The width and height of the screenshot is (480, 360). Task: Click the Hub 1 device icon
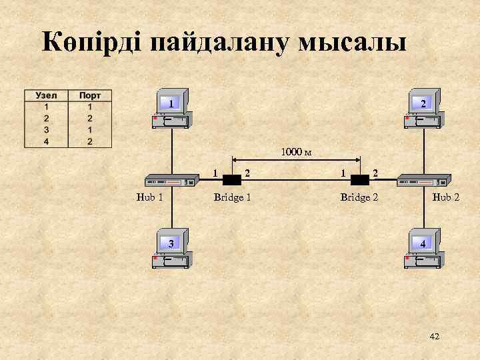171,181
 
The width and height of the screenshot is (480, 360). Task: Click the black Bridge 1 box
231,180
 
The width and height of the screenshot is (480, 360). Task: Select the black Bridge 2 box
360,180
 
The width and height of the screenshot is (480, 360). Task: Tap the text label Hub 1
149,197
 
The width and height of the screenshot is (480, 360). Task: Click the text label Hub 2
445,197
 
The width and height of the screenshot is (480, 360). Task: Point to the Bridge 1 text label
232,197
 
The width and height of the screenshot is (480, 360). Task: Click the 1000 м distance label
296,152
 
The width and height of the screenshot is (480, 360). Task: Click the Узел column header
46,96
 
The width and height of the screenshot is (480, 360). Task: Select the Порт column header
90,96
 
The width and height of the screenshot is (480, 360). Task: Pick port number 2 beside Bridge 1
248,173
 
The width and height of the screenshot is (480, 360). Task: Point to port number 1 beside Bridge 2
343,173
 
